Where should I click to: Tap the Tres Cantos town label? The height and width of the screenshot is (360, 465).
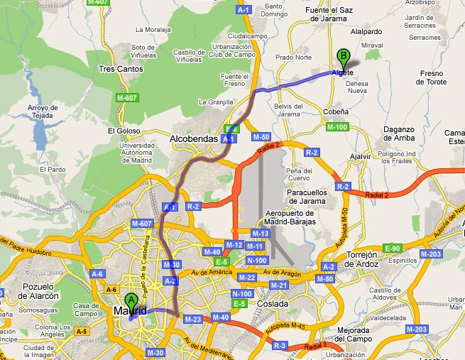click(x=121, y=70)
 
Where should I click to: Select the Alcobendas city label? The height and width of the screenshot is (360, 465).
click(x=193, y=140)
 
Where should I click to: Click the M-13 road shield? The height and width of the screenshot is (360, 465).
click(x=261, y=233)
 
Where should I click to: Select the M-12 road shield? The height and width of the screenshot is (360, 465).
click(x=234, y=245)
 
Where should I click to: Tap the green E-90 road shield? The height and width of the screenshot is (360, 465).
click(x=392, y=248)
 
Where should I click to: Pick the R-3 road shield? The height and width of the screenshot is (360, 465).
click(x=279, y=346)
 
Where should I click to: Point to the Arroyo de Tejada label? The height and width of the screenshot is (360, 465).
click(x=41, y=112)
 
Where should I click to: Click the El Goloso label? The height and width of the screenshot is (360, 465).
click(x=122, y=131)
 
